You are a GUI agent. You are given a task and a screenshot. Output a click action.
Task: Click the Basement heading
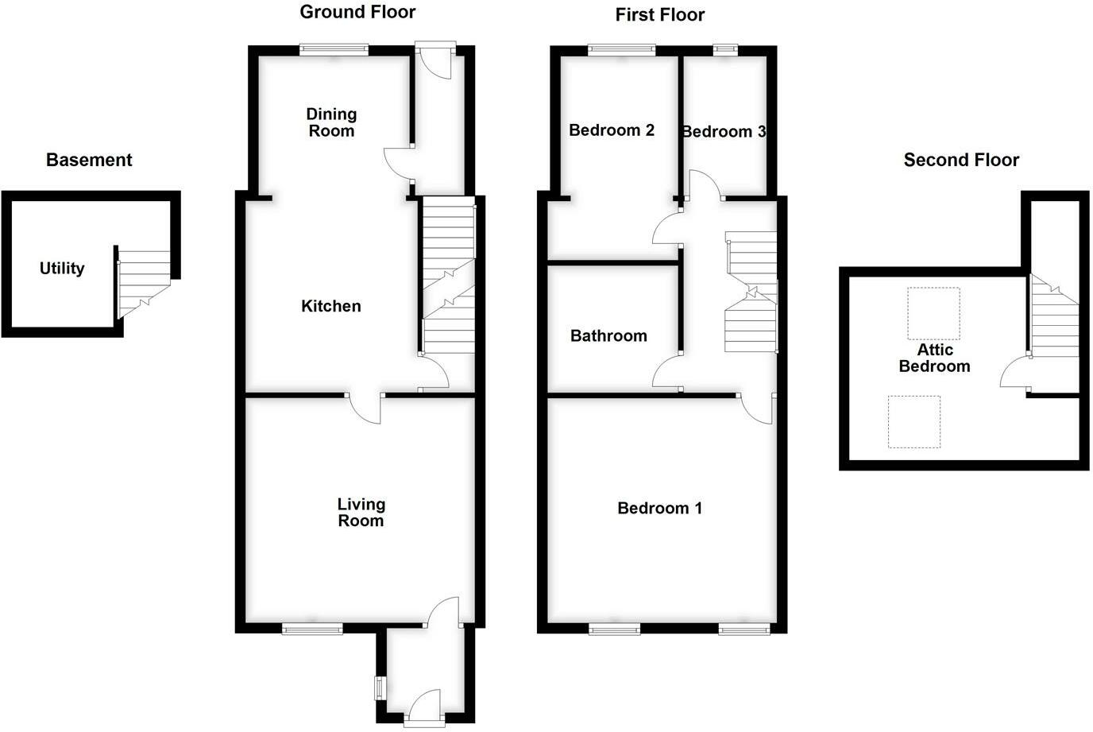point(89,160)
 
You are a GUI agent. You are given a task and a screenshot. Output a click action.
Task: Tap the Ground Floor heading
point(357,12)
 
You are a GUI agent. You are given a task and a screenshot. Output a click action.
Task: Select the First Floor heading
point(659,14)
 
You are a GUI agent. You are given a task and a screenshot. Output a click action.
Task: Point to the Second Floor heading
point(961,160)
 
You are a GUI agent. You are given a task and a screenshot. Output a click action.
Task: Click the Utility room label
point(62,269)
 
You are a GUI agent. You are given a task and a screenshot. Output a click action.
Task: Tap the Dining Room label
point(331,122)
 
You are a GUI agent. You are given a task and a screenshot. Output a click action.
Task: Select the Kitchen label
point(331,306)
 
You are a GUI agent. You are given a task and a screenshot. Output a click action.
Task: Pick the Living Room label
point(361,512)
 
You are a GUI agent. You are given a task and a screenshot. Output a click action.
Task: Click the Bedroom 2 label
point(612,130)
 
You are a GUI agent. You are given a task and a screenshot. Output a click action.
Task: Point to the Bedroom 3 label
point(724,132)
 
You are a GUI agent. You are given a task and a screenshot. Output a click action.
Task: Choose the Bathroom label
point(608,336)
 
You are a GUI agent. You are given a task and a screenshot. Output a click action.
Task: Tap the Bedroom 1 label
point(659,508)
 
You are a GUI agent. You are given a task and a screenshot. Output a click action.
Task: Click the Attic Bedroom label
point(934,358)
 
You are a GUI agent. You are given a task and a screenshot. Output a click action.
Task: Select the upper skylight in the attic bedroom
point(934,313)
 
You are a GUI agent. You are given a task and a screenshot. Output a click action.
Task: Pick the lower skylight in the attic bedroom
point(914,421)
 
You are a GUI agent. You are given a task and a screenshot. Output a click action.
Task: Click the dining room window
point(334,50)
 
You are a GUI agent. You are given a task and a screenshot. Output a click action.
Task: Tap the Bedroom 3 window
point(725,50)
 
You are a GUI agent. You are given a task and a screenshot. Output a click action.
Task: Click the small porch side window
point(380,687)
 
